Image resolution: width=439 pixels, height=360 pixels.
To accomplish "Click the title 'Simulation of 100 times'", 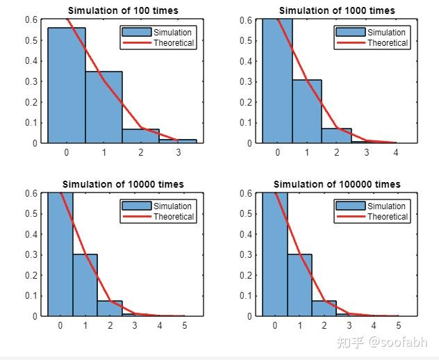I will pyautogui.click(x=123, y=10).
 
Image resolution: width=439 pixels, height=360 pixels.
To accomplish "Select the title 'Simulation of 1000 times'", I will pyautogui.click(x=337, y=10).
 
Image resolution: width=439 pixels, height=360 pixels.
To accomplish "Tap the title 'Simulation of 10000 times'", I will pyautogui.click(x=123, y=184).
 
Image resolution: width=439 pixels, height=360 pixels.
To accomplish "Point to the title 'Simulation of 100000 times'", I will pyautogui.click(x=337, y=184).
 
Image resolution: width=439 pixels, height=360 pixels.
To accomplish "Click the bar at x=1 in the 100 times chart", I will pyautogui.click(x=103, y=108).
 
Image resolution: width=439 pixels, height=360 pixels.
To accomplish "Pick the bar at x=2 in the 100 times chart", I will pyautogui.click(x=140, y=136).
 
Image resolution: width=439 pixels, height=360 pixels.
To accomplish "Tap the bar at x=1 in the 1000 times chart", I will pyautogui.click(x=307, y=111).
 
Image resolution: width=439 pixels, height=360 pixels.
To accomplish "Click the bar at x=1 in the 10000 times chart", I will pyautogui.click(x=85, y=285).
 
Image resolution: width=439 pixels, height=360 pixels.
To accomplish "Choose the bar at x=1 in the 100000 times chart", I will pyautogui.click(x=299, y=285).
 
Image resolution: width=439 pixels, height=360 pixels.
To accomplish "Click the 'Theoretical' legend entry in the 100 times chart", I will pyautogui.click(x=174, y=43).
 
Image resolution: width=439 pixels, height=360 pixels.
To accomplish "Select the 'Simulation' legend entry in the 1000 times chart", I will pyautogui.click(x=386, y=33).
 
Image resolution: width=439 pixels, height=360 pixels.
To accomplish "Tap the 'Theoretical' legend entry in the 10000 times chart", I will pyautogui.click(x=174, y=217).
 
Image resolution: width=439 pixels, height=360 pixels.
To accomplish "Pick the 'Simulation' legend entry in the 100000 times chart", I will pyautogui.click(x=386, y=206).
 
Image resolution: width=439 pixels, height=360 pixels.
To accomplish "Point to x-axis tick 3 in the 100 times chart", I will pyautogui.click(x=178, y=152).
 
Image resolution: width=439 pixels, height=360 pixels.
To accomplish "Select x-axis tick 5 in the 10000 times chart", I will pyautogui.click(x=184, y=325).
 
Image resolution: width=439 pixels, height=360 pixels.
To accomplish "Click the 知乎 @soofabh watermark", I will pyautogui.click(x=381, y=342).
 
